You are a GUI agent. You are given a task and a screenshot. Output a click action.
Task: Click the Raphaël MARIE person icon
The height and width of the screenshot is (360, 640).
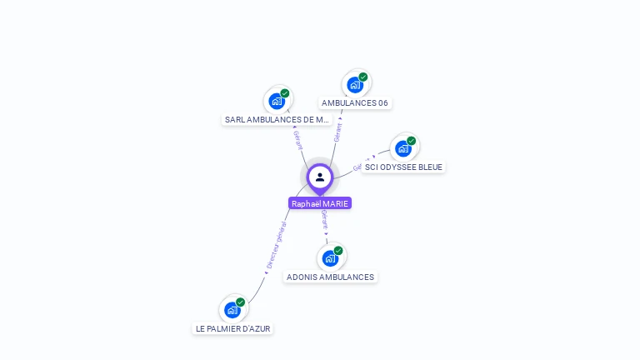[320, 177]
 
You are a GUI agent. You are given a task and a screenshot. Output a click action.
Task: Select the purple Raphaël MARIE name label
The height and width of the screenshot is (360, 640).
[320, 203]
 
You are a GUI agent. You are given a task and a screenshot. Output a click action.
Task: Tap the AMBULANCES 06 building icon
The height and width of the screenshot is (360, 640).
[355, 85]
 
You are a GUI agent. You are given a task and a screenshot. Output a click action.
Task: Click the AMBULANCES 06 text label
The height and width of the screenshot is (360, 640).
[355, 103]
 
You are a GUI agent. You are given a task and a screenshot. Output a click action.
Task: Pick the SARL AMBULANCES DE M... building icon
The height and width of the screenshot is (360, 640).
[277, 102]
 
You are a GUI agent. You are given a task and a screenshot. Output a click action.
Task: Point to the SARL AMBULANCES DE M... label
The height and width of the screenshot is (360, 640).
[277, 120]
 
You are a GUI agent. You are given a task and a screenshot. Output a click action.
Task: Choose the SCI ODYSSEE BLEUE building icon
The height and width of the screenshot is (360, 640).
[403, 148]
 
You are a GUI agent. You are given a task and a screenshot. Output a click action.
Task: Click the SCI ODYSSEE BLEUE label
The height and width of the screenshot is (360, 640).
[403, 167]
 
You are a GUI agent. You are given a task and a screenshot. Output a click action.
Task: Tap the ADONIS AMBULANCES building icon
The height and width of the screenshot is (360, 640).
[330, 258]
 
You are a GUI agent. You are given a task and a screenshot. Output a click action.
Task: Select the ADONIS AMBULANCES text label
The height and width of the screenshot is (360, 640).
[330, 277]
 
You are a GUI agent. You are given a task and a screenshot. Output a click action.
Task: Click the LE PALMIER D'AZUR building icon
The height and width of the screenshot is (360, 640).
[232, 310]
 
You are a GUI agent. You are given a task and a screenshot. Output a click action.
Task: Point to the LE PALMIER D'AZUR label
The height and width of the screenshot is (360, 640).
[233, 328]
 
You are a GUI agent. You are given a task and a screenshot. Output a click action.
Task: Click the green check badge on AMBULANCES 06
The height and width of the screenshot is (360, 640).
[363, 77]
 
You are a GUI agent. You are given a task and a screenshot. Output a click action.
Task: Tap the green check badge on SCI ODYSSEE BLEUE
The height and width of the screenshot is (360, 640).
[412, 141]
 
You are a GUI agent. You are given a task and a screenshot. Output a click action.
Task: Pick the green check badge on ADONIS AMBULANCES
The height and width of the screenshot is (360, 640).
[338, 250]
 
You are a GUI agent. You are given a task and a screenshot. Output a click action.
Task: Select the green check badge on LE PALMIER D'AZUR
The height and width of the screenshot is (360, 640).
[241, 302]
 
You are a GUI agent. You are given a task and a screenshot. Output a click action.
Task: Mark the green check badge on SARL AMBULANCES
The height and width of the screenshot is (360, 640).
[285, 93]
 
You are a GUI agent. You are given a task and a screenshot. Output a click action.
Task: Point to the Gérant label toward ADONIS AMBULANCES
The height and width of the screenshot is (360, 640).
[325, 222]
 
